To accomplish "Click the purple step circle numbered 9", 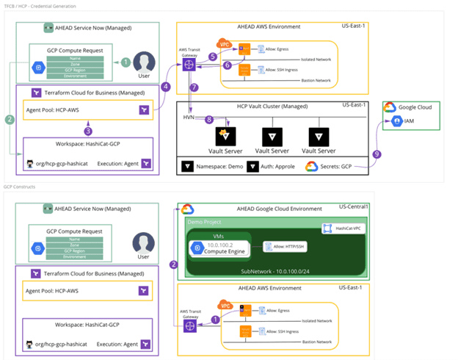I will click(x=378, y=154).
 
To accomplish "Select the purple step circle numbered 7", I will click(x=194, y=87).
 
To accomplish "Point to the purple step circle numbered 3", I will click(x=88, y=131).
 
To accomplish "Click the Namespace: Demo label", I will click(x=214, y=167).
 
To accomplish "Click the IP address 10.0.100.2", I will click(x=219, y=244).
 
